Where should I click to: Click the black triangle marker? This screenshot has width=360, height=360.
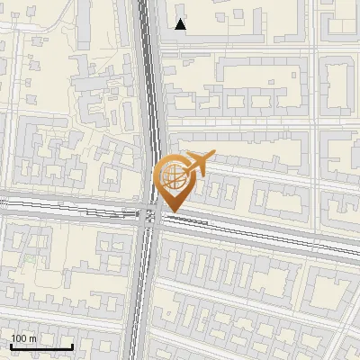pos(181,24)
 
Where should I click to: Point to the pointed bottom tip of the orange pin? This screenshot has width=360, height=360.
pos(172,211)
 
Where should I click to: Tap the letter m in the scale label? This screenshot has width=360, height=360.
pos(32,337)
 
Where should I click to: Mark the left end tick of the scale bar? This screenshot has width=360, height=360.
pos(11,346)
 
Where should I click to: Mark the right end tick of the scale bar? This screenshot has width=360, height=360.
pos(72,346)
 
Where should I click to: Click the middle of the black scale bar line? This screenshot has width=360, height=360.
pos(41,347)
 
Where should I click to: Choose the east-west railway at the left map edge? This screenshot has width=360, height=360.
pos(3,205)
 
